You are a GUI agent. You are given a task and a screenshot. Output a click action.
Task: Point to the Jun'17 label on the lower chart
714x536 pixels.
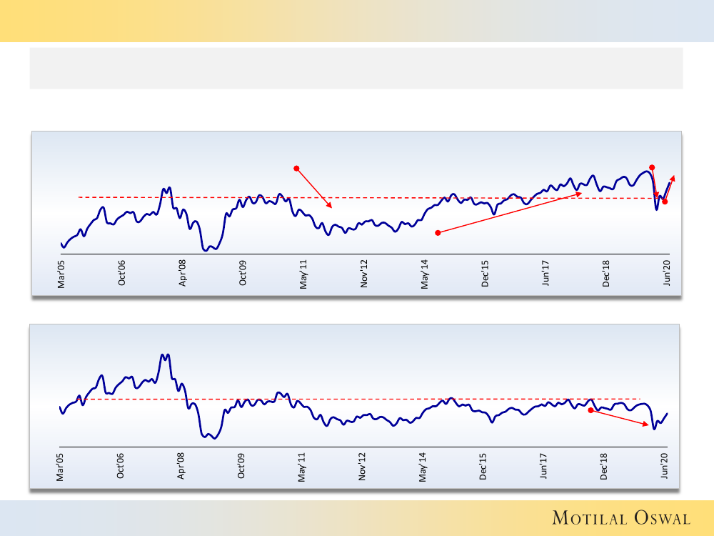pos(545,466)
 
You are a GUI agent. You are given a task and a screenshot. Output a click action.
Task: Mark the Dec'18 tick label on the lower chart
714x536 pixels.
pos(605,466)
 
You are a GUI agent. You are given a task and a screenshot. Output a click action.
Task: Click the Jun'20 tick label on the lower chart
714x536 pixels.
pos(666,466)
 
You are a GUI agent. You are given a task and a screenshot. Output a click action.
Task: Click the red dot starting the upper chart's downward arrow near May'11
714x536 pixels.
pos(296,169)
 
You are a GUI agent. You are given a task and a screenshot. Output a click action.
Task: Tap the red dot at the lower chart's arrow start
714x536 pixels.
pos(590,411)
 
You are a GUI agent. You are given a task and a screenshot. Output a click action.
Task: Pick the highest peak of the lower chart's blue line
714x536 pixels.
pos(163,354)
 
